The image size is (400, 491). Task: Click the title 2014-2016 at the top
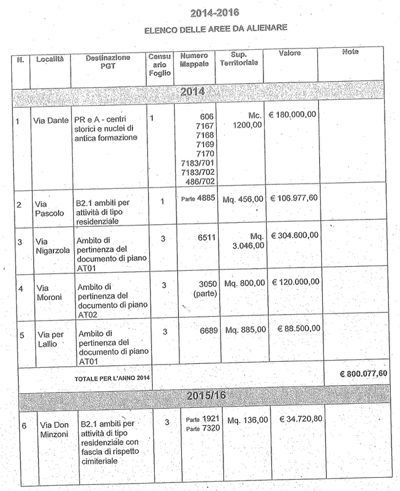pyautogui.click(x=215, y=13)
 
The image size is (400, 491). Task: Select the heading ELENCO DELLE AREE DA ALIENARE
pyautogui.click(x=216, y=29)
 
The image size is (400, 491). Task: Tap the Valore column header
pyautogui.click(x=290, y=53)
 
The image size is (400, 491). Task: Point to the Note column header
pyautogui.click(x=350, y=52)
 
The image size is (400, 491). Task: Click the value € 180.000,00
pyautogui.click(x=293, y=114)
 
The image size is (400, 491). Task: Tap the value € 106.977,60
pyautogui.click(x=293, y=198)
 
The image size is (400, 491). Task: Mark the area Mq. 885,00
pyautogui.click(x=246, y=329)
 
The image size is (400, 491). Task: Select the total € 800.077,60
pyautogui.click(x=363, y=373)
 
